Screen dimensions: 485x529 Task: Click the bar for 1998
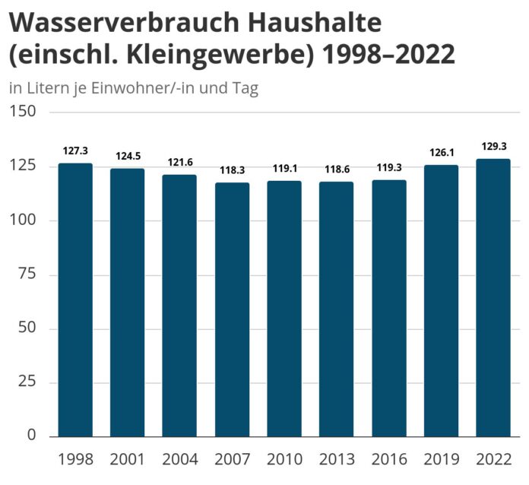coord(75,300)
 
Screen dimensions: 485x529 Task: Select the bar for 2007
coord(232,309)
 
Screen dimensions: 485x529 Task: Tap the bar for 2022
coord(493,297)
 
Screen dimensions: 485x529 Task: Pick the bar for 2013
coord(336,309)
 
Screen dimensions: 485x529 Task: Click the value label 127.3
coord(75,151)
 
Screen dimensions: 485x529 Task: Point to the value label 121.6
coord(179,163)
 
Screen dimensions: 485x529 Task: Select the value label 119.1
coord(284,169)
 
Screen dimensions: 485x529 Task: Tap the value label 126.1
coord(441,153)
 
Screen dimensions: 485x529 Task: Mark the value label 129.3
coord(493,146)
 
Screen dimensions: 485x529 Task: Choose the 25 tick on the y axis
coord(27,382)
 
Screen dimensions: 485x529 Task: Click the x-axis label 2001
coord(128,459)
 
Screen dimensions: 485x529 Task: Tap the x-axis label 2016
coord(388,459)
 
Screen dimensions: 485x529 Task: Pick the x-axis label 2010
coord(284,459)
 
